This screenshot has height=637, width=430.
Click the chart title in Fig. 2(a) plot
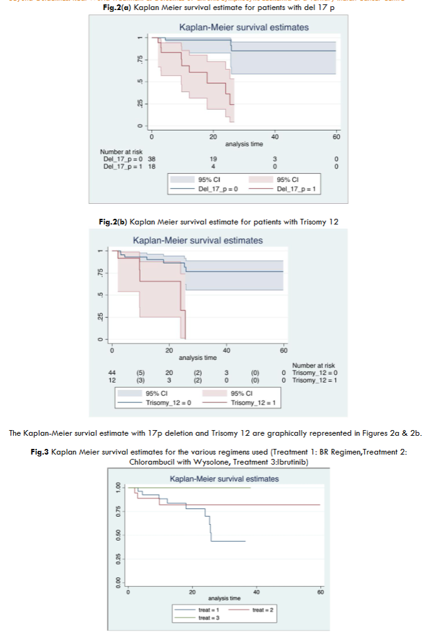click(243, 28)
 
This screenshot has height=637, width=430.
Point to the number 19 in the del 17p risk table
click(213, 159)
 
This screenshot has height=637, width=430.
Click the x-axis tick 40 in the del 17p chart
click(275, 136)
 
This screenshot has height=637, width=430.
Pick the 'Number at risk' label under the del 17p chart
click(121, 152)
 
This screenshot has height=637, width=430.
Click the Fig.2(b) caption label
click(114, 221)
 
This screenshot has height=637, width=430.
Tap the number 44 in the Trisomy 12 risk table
click(112, 372)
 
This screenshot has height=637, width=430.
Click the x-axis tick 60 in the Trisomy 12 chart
click(283, 350)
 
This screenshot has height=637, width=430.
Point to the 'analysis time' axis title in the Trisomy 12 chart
click(197, 357)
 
